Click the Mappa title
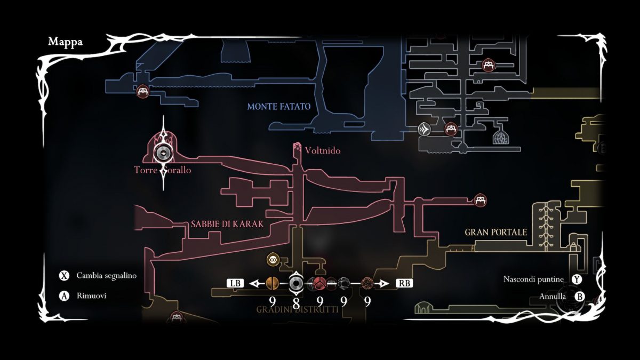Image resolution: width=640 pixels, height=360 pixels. [65, 42]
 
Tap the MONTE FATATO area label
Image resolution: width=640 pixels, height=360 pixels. [278, 107]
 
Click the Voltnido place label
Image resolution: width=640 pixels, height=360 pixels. [323, 151]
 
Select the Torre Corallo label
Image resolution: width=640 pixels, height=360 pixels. [162, 170]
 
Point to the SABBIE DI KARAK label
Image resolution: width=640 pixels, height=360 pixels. [227, 224]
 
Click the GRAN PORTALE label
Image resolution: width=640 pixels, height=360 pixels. [496, 233]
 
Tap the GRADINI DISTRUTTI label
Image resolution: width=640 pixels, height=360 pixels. [297, 309]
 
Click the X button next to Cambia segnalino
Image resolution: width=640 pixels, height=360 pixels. [65, 276]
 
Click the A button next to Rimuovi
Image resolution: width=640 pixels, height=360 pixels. [65, 296]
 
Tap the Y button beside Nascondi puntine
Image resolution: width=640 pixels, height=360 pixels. [577, 279]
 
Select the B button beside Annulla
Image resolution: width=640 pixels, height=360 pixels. [580, 296]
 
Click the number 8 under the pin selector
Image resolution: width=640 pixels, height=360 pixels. [296, 302]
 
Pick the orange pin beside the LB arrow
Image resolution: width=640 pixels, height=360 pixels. [272, 283]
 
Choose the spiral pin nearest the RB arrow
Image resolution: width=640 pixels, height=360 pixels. [367, 283]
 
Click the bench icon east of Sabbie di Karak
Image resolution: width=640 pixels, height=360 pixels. [481, 200]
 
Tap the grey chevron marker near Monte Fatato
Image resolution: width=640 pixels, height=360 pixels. [425, 129]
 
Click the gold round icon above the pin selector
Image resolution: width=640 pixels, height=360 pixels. [273, 260]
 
